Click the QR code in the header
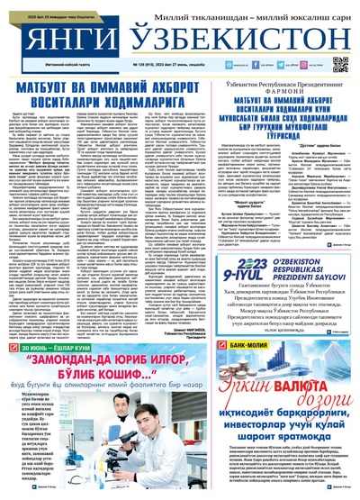340,64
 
